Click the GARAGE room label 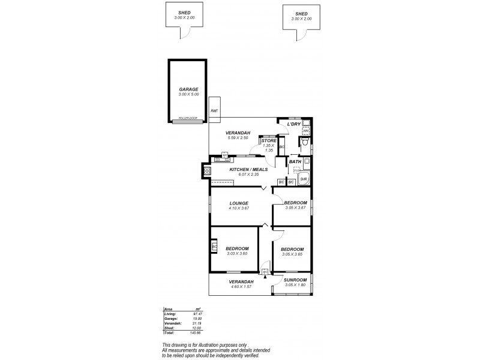click(x=188, y=89)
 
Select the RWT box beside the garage click(x=214, y=111)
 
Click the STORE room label click(x=268, y=140)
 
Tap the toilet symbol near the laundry click(x=305, y=143)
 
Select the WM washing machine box click(x=305, y=130)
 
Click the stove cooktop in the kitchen click(x=208, y=172)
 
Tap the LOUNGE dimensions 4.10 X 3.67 click(x=239, y=209)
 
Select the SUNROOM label click(x=295, y=280)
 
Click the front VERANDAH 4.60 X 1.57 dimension click(x=241, y=286)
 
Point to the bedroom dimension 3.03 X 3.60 click(x=237, y=254)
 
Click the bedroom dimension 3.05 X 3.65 click(x=292, y=254)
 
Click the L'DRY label click(x=293, y=124)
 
